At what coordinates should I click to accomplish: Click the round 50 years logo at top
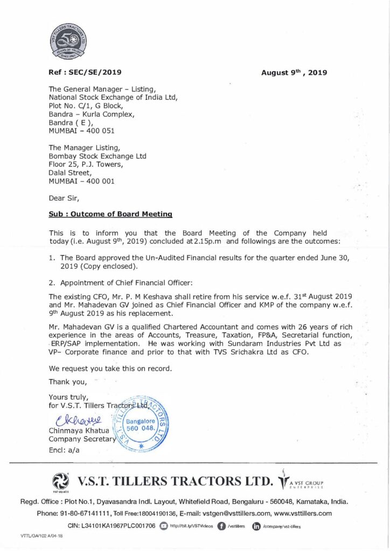click(x=69, y=41)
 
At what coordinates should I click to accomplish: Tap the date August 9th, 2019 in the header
click(x=294, y=72)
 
